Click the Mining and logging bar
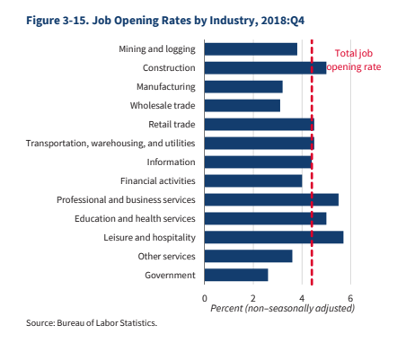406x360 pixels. (x=251, y=49)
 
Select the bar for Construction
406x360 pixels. (x=265, y=68)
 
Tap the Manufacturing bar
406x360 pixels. (x=243, y=87)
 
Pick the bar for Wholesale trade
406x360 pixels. (x=243, y=106)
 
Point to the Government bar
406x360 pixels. (x=236, y=275)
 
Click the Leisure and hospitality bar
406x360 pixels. (x=274, y=237)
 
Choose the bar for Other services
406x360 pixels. (x=248, y=256)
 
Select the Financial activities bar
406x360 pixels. (x=253, y=181)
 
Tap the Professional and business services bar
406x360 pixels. (x=271, y=199)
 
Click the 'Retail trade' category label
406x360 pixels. (x=172, y=124)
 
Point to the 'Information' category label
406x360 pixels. (x=171, y=162)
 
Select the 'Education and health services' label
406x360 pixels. (x=135, y=218)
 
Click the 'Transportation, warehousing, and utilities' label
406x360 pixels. (x=110, y=144)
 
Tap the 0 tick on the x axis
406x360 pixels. (x=205, y=298)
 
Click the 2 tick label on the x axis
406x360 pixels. (x=253, y=298)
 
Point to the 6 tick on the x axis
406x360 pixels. (x=350, y=298)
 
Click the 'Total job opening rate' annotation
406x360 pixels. (x=354, y=60)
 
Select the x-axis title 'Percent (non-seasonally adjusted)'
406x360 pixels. (x=283, y=308)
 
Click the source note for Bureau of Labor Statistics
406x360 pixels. (x=92, y=323)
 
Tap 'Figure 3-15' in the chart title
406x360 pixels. (x=57, y=21)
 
